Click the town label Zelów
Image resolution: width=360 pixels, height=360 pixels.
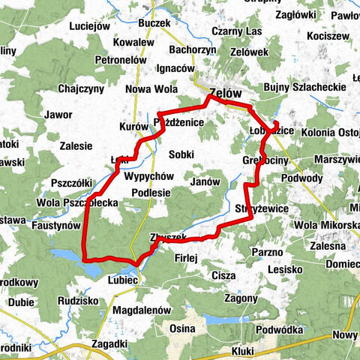(x=226, y=93)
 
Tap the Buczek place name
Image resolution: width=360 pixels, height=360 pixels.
(x=154, y=24)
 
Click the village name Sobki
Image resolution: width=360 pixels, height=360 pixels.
(x=182, y=154)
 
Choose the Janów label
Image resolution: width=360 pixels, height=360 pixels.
(x=205, y=181)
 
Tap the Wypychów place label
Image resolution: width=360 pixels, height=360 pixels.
(x=149, y=176)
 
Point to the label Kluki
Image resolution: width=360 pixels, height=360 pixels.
(x=244, y=350)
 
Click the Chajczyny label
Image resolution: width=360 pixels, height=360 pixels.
(x=81, y=88)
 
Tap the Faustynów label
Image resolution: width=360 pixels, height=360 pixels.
(x=55, y=224)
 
